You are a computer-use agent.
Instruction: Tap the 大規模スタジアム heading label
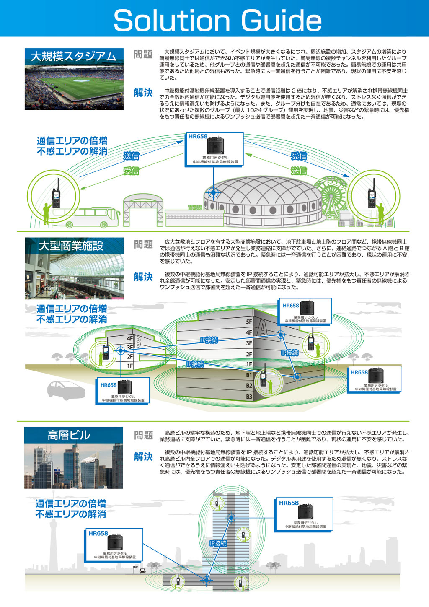pos(73,56)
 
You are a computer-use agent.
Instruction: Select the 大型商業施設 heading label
pos(71,246)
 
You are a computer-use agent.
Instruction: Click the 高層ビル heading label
pos(69,435)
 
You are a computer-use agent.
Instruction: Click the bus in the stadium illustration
pos(86,217)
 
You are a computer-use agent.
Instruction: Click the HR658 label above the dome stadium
pos(198,136)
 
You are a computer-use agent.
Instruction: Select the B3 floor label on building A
pos(249,397)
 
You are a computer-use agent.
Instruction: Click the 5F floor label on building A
pos(249,322)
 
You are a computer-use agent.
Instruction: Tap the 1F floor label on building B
pos(130,366)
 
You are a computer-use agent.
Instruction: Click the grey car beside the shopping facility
pos(66,391)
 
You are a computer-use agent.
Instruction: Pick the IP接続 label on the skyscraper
pos(218,543)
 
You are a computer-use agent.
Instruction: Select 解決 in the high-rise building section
pos(143,457)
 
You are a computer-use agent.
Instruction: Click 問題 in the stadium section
pos(143,54)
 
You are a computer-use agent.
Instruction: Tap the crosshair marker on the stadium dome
pos(213,192)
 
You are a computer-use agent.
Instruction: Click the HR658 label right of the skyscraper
pos(289,503)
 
